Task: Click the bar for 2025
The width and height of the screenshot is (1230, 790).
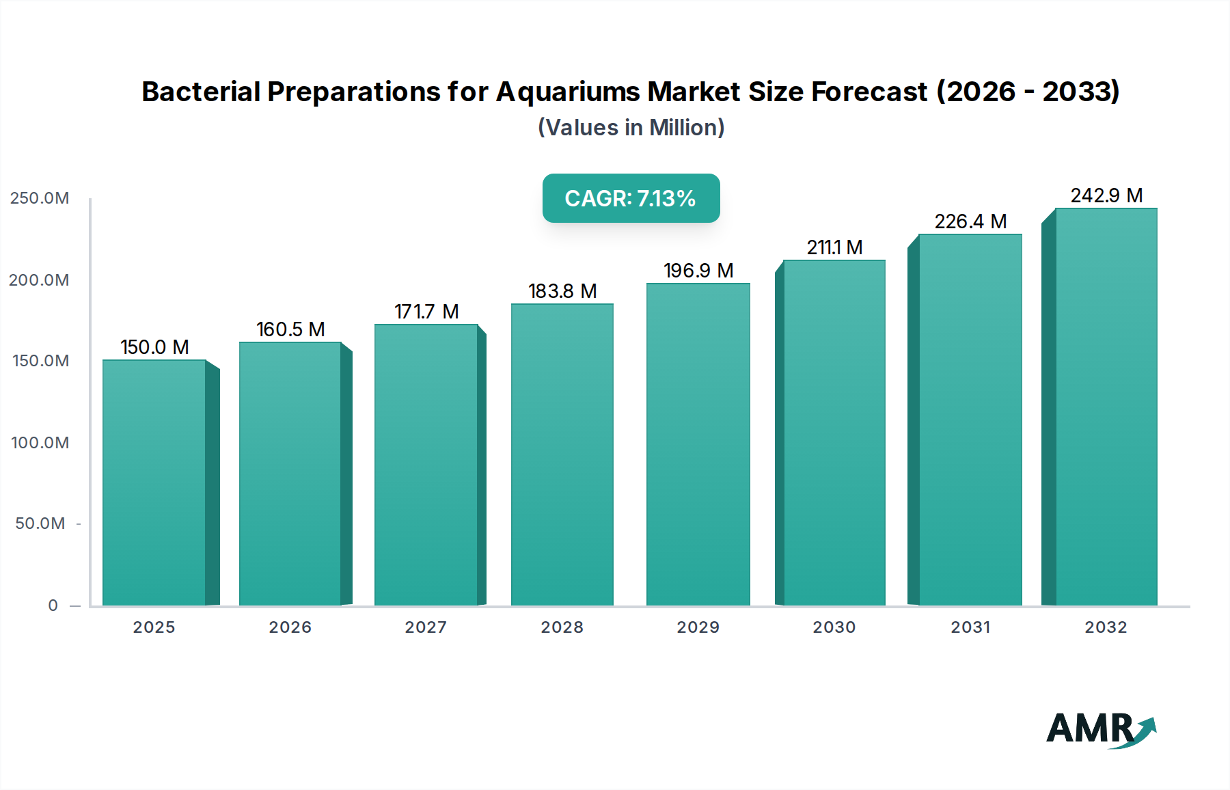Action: tap(154, 482)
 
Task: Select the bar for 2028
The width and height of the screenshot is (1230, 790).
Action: tap(562, 454)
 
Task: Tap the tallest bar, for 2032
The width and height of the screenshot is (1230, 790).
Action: tap(1106, 407)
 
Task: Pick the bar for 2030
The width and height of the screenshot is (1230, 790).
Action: tap(834, 433)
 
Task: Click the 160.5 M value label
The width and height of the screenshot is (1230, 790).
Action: tap(290, 329)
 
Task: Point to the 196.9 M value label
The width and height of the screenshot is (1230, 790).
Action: tap(698, 271)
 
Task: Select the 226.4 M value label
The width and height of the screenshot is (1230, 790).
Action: tap(970, 221)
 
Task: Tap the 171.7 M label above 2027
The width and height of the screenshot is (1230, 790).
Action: tap(426, 312)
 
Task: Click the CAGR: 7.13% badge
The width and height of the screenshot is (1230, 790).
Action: tap(631, 198)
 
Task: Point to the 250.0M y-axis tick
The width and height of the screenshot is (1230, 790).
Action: tap(40, 198)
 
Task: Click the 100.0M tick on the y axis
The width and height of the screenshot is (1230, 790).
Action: tap(40, 443)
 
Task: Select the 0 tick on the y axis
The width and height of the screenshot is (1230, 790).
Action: tap(53, 605)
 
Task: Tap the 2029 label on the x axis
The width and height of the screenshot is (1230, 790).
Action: tap(698, 627)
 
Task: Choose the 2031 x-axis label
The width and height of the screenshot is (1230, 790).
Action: tap(970, 627)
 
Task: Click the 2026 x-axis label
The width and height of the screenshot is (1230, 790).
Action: tap(290, 627)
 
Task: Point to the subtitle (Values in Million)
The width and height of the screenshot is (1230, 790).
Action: tap(631, 128)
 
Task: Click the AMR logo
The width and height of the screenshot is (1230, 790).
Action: tap(1101, 729)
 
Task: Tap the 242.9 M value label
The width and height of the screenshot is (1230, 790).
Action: tap(1106, 195)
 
